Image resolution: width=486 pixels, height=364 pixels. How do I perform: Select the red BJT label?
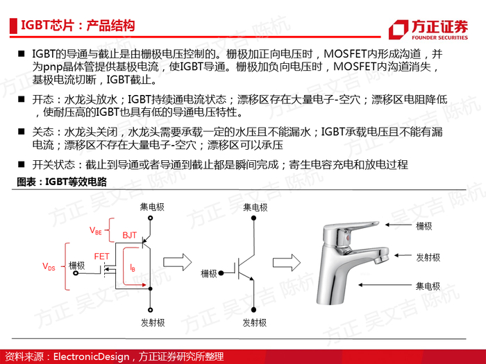pyautogui.click(x=129, y=236)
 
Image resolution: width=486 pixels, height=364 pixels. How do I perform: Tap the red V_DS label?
pyautogui.click(x=49, y=266)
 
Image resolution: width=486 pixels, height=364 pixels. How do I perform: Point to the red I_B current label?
pyautogui.click(x=133, y=267)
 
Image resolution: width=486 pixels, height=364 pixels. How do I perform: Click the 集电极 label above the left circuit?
pyautogui.click(x=151, y=207)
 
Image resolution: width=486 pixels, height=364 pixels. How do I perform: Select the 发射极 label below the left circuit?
pyautogui.click(x=151, y=323)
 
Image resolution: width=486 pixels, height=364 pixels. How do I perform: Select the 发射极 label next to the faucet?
pyautogui.click(x=428, y=257)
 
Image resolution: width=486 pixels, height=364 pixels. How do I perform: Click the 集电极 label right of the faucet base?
pyautogui.click(x=428, y=286)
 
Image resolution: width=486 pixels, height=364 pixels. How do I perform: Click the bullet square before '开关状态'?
pyautogui.click(x=22, y=164)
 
